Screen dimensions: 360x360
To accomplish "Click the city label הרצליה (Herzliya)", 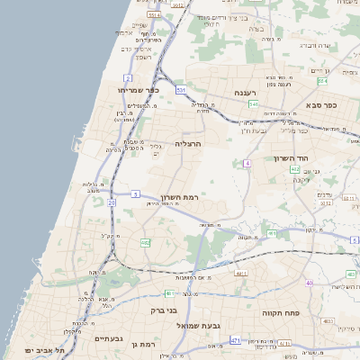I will coord(187,143).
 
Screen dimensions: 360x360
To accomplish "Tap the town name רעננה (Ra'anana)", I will coord(245,93).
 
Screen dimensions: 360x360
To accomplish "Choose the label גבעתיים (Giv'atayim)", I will coord(108,339).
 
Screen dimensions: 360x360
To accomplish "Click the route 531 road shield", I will coord(181,91).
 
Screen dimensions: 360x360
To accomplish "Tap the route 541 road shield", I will coord(254,104).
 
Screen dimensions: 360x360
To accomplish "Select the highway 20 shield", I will coord(112,202).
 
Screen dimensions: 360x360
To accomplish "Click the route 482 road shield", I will coord(145,243).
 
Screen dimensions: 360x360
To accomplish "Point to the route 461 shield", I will coord(273,233).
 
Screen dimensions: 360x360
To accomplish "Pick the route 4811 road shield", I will coord(239,272).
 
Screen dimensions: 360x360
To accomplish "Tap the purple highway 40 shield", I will coord(310,283).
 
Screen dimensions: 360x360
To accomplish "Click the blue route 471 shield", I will coord(235,341).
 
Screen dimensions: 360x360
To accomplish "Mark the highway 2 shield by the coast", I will coord(130,54).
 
